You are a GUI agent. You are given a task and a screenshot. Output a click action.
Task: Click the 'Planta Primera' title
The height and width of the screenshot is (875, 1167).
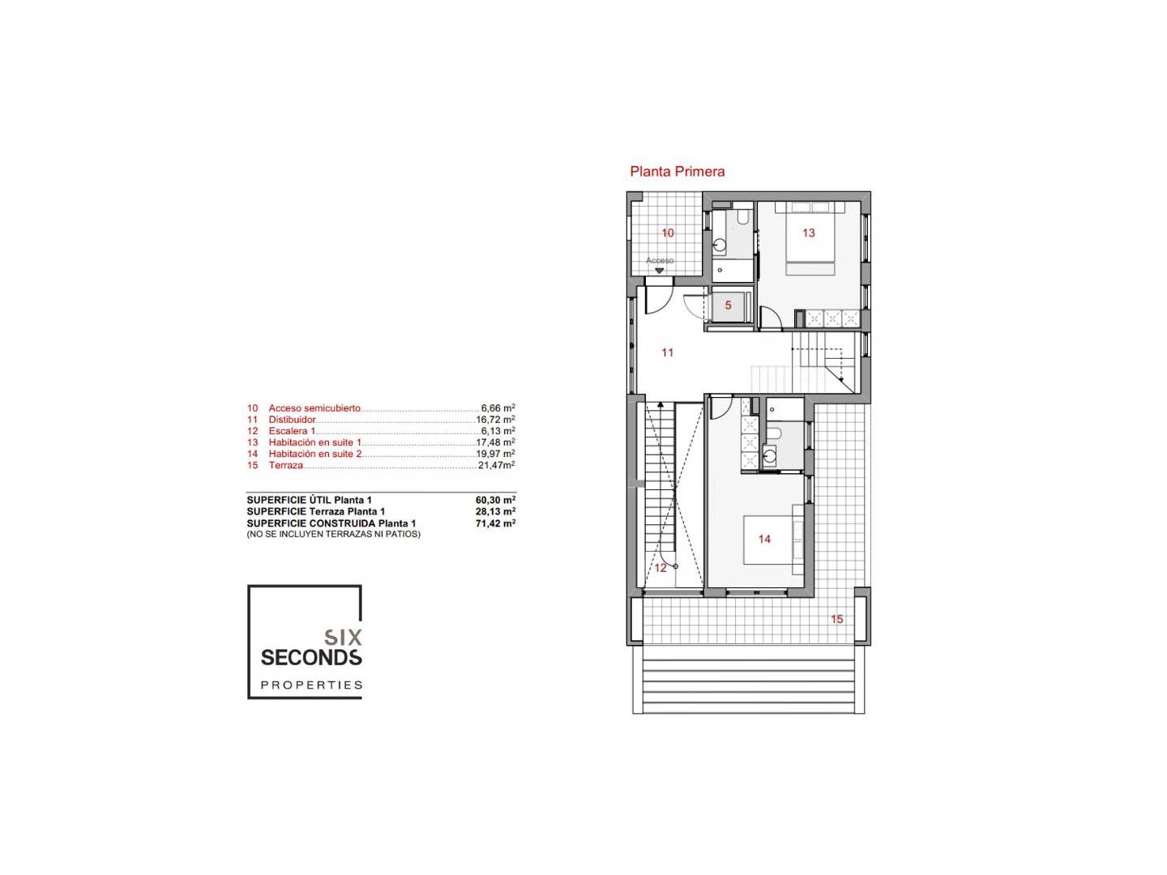(677, 172)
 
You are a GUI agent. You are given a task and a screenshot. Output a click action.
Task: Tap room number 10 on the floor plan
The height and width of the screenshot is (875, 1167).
(667, 233)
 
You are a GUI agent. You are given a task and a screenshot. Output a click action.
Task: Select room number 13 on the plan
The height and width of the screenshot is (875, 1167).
(808, 233)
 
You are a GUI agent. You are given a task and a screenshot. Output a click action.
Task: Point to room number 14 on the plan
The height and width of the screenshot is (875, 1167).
(764, 540)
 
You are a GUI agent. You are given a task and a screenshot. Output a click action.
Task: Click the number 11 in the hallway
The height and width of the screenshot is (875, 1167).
(667, 352)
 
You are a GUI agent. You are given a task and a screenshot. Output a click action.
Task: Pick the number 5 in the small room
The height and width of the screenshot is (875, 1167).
(728, 305)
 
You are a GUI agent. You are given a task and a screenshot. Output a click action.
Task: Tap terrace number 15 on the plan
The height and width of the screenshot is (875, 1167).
(836, 619)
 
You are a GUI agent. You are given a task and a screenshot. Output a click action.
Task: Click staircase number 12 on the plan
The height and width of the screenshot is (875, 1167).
(660, 568)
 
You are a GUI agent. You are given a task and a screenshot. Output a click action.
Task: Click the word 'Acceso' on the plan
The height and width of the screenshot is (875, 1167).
(659, 260)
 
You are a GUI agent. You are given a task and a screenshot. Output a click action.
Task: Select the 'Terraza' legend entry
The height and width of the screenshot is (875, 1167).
(285, 465)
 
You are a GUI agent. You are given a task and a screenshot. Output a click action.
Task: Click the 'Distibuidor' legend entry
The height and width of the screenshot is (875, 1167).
(292, 420)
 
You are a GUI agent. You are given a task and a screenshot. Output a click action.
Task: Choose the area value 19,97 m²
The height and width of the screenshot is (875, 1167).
(495, 454)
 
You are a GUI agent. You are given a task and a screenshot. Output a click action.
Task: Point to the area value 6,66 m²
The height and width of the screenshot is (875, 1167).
(498, 408)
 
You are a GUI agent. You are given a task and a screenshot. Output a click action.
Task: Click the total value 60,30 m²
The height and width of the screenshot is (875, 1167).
(495, 500)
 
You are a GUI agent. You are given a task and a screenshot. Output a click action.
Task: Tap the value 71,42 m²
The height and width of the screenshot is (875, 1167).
(495, 523)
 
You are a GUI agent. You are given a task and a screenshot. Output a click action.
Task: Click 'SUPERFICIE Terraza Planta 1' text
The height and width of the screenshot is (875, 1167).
(316, 511)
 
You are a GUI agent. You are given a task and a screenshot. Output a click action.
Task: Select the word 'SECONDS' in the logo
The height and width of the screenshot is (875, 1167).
(311, 658)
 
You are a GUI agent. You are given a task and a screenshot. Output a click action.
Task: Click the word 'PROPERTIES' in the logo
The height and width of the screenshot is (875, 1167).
(311, 685)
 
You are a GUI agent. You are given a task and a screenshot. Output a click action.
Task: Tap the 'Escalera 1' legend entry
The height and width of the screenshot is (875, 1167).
(292, 431)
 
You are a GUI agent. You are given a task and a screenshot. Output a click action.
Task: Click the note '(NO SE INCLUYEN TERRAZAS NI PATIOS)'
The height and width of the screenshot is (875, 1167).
(333, 534)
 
